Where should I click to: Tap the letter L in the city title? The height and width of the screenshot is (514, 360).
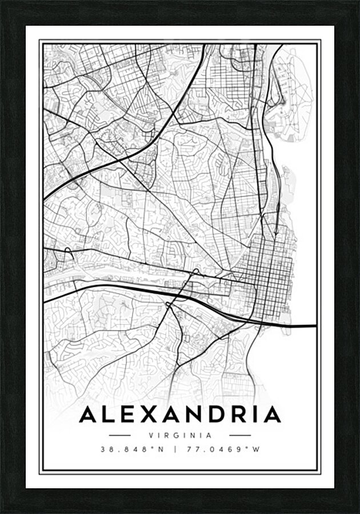pyautogui.click(x=109, y=415)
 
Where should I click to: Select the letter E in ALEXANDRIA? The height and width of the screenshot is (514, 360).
pyautogui.click(x=128, y=415)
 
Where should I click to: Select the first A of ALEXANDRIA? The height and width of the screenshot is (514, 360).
pyautogui.click(x=89, y=415)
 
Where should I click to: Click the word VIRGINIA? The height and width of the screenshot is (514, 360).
pyautogui.click(x=180, y=435)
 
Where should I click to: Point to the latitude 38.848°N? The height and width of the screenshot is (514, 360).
pyautogui.click(x=132, y=449)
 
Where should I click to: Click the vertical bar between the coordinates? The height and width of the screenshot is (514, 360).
pyautogui.click(x=175, y=449)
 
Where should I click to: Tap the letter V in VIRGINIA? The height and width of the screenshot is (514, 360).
pyautogui.click(x=151, y=435)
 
